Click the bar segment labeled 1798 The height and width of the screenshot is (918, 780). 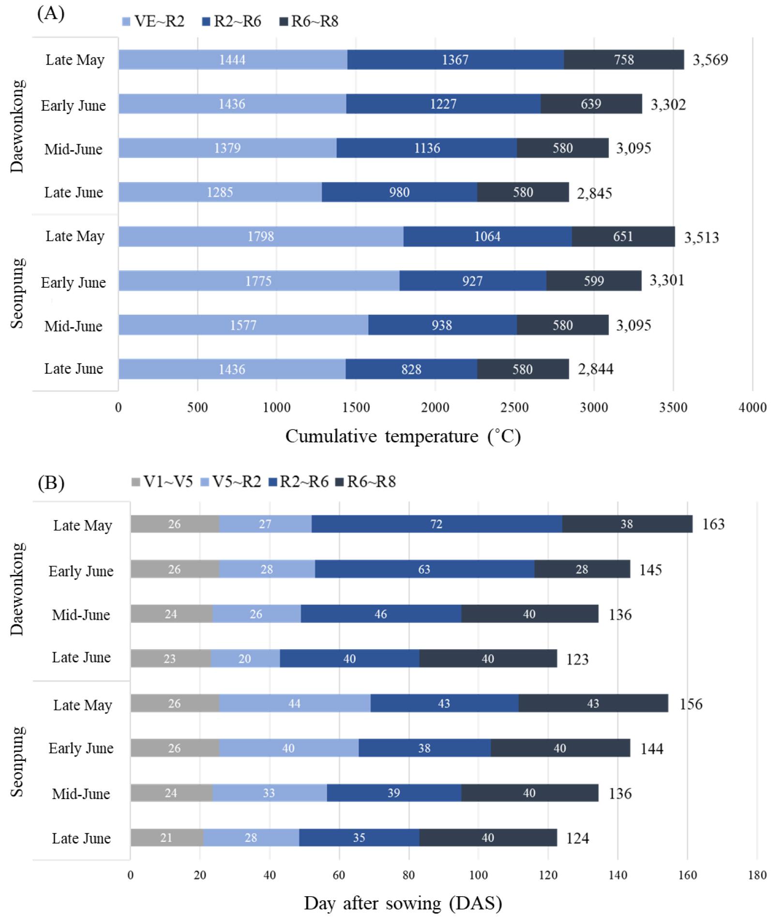pos(261,236)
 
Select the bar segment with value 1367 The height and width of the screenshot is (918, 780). pos(455,59)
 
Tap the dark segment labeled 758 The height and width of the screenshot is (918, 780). pos(623,59)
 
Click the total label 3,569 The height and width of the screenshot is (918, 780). pos(710,60)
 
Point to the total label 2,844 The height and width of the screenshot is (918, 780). pos(595,369)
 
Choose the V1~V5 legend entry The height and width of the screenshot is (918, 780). pos(162,481)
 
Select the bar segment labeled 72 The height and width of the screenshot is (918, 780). pos(436,524)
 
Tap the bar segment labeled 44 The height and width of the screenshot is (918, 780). pos(294,703)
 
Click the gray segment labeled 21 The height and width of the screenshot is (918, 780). pos(166,838)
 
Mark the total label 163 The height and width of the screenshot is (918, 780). pos(713,525)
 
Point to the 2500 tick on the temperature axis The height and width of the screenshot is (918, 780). pos(514,408)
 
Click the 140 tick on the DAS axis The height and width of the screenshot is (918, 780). pos(618,875)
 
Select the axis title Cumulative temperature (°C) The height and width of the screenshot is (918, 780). pos(403,437)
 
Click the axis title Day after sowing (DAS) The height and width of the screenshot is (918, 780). pos(403,903)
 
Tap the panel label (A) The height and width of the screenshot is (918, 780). pos(50,14)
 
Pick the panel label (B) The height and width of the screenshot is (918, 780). pos(51,482)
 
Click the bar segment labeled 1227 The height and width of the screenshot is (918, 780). pos(443,104)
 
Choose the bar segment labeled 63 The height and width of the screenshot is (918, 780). pos(424,569)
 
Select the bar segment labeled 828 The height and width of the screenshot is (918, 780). pos(411,369)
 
